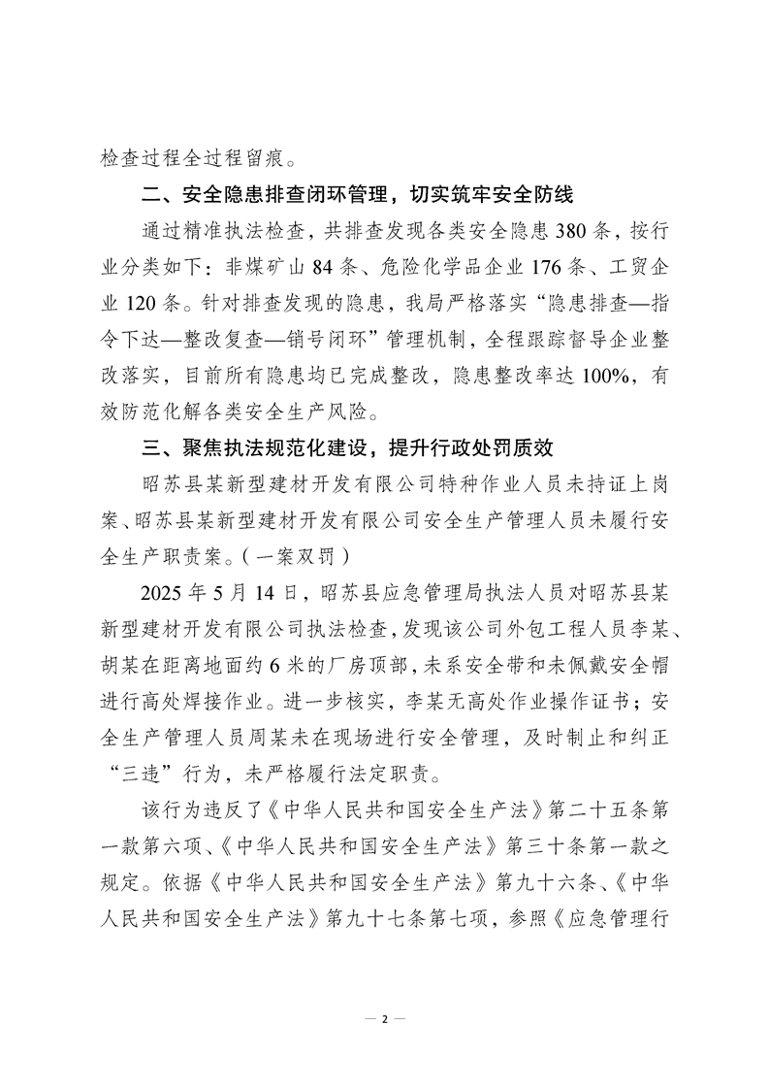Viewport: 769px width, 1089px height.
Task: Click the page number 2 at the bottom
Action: pos(385,1019)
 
